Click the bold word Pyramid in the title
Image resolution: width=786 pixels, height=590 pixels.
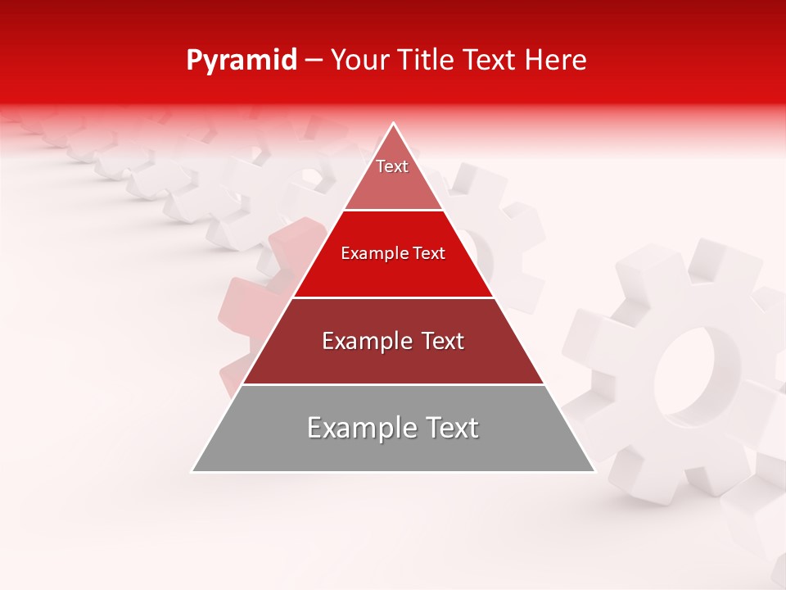241,60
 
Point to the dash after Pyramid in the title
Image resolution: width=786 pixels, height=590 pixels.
314,61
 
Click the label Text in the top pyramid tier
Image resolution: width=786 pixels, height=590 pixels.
392,166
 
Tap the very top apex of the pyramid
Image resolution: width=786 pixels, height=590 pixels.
394,124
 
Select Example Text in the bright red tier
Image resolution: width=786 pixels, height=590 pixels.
393,253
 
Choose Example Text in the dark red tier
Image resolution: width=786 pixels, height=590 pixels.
393,341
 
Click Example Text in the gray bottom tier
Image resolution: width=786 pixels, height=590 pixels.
393,428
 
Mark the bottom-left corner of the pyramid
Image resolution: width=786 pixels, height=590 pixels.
192,471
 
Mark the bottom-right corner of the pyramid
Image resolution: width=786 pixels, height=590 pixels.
594,471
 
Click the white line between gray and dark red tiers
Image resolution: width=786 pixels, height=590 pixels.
393,384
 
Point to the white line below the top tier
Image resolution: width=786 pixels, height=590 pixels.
393,210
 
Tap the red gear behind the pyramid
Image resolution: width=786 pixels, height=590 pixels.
246,311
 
